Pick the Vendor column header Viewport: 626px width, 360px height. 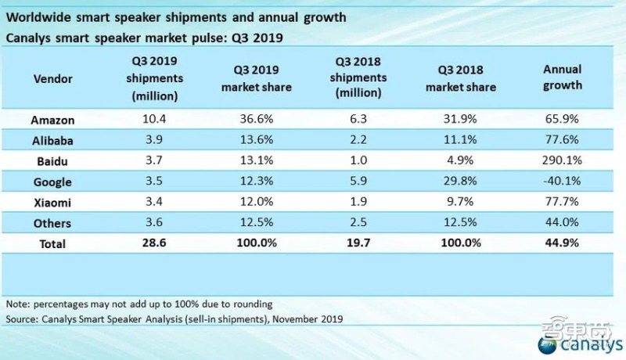[x=54, y=79]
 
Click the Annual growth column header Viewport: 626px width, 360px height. [x=563, y=77]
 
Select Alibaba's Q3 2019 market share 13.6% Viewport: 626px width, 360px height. [x=256, y=140]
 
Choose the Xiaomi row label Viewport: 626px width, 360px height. [x=54, y=203]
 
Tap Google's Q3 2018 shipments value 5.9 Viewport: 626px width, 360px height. [x=359, y=182]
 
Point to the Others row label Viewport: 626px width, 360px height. [x=54, y=223]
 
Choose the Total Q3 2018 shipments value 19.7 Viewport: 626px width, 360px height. [x=359, y=243]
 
